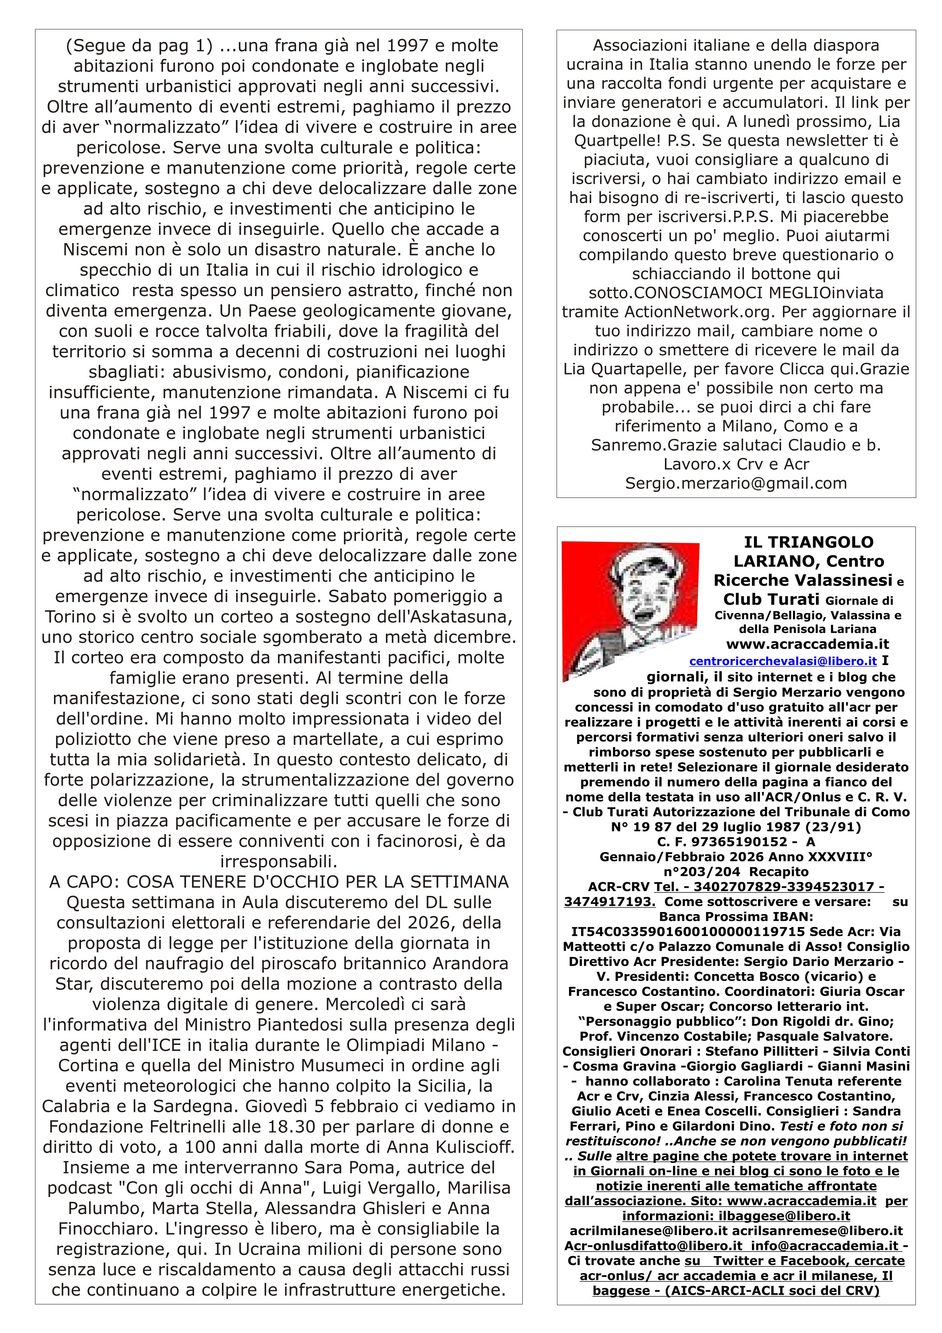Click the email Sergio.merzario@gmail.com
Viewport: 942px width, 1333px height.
pyautogui.click(x=736, y=483)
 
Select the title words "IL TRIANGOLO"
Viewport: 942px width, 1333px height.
pyautogui.click(x=809, y=542)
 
